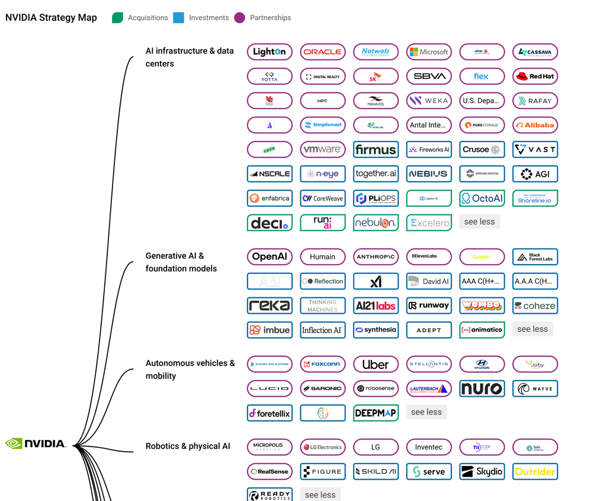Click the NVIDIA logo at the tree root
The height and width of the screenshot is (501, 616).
coord(36,444)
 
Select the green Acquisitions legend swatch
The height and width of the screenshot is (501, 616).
coord(117,18)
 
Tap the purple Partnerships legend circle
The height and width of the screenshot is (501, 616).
coord(239,18)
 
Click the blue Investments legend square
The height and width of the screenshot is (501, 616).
coord(178,18)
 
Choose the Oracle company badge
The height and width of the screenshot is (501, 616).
coord(323,52)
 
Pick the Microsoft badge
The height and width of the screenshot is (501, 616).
coord(429,52)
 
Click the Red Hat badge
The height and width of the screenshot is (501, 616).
coord(535,76)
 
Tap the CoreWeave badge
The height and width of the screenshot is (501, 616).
coord(323,198)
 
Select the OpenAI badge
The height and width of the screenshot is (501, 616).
coord(269,256)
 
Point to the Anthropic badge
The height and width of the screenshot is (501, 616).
coord(376,256)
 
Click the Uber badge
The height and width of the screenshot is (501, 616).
coord(376,364)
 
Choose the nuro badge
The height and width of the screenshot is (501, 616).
coord(482,388)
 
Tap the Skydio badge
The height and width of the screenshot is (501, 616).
coord(482,471)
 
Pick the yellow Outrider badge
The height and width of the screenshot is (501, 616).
coord(535,471)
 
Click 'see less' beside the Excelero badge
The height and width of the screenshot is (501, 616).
coord(479,221)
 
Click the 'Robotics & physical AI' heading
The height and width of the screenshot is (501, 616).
coord(188,446)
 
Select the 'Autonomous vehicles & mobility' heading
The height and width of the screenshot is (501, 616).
coord(190,369)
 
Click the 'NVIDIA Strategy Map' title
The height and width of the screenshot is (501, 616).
coord(51,18)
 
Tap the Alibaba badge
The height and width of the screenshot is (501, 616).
coord(535,125)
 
